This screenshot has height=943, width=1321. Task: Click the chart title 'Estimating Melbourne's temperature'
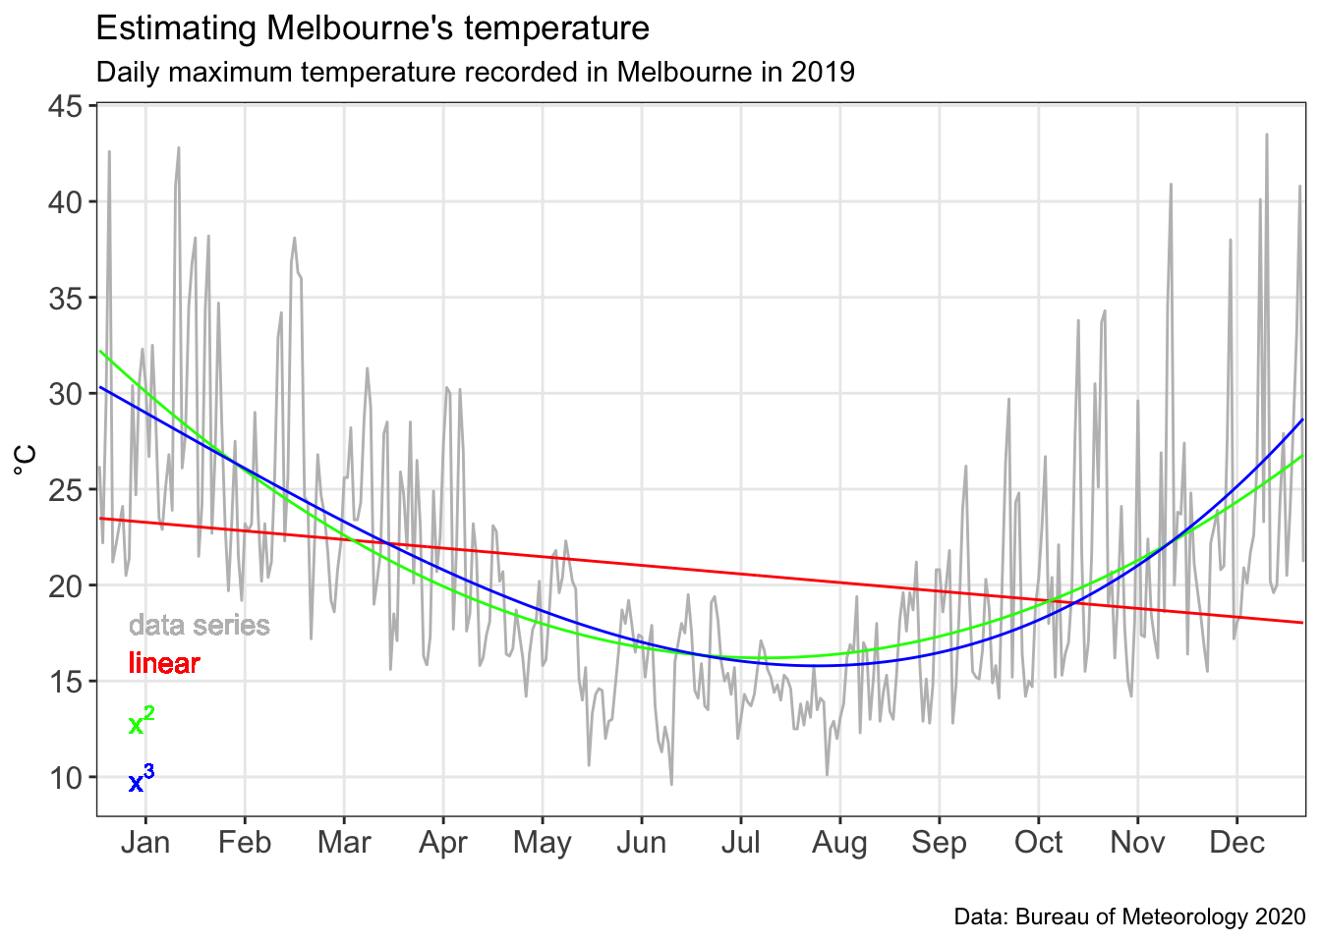click(x=373, y=28)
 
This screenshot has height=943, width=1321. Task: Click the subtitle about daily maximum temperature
click(x=475, y=73)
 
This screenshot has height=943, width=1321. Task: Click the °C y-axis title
click(x=27, y=460)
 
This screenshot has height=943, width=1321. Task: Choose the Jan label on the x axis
click(x=145, y=843)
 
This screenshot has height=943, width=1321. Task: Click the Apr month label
click(x=443, y=843)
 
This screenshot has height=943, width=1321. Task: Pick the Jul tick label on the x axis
click(x=740, y=843)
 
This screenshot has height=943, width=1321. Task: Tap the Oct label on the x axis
click(x=1038, y=843)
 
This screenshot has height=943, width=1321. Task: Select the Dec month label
click(x=1236, y=843)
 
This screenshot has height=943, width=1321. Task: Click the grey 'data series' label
click(x=199, y=626)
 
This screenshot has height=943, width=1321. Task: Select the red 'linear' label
click(x=164, y=664)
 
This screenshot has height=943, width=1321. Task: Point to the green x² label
click(x=142, y=723)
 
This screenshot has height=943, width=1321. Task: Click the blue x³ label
click(x=142, y=781)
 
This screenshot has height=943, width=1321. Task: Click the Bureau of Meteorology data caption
click(x=1129, y=917)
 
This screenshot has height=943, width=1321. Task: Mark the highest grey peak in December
click(x=1267, y=135)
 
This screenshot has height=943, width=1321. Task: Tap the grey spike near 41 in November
click(x=1171, y=184)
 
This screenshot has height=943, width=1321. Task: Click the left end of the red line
click(x=100, y=519)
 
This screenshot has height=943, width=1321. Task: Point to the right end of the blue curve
click(x=1303, y=420)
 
